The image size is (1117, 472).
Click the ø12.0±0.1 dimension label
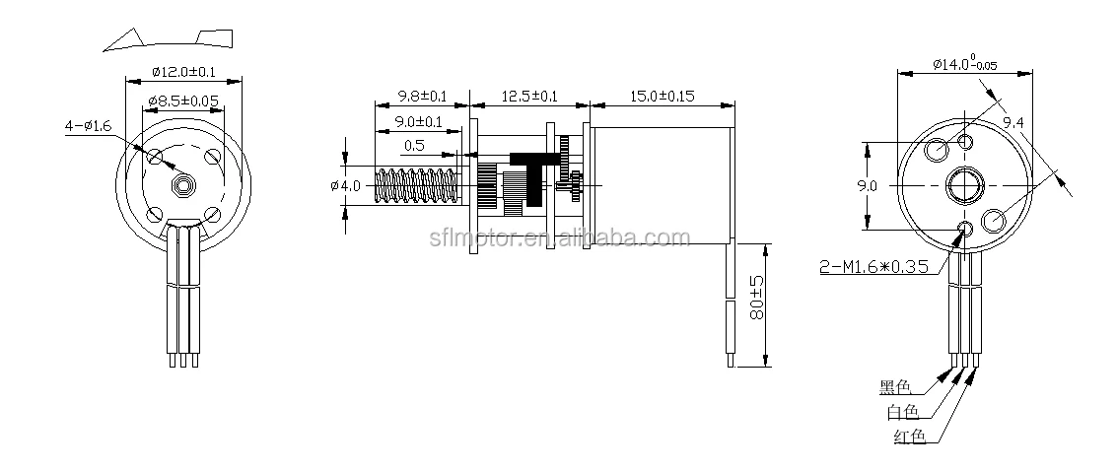point(183,72)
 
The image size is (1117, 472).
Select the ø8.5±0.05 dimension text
point(183,101)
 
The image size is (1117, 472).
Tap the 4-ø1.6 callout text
point(89,126)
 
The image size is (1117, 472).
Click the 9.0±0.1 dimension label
point(419,122)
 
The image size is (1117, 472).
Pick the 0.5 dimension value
point(414,146)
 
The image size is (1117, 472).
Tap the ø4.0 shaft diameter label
point(346,186)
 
